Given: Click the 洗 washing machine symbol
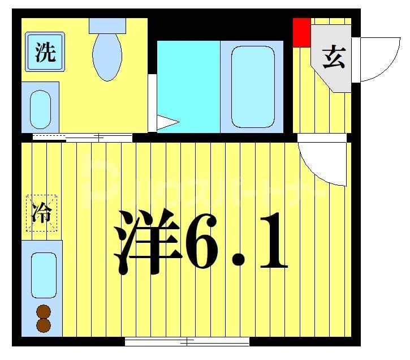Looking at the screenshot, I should (x=45, y=52).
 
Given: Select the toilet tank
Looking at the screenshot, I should (x=107, y=25).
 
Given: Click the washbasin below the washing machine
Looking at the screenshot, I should (x=40, y=108).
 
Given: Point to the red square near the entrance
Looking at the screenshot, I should (x=301, y=32).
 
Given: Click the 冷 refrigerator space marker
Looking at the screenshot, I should (x=42, y=213).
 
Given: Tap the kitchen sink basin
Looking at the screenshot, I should (x=44, y=275).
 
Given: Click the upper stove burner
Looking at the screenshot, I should (x=44, y=311).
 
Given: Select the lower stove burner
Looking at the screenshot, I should (x=44, y=325).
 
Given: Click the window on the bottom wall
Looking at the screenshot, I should (x=187, y=341).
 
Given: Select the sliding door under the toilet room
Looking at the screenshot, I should (x=83, y=137).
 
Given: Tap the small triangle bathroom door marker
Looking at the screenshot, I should (x=167, y=122).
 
